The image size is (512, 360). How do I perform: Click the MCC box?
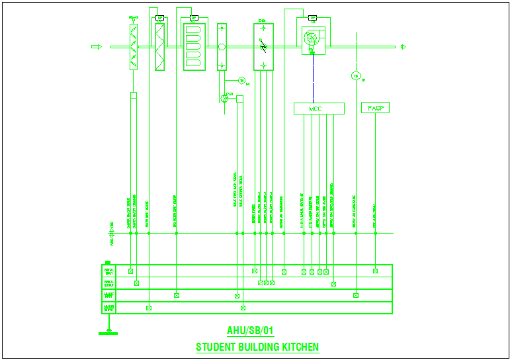pyautogui.click(x=319, y=109)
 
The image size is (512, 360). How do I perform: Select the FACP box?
pyautogui.click(x=375, y=108)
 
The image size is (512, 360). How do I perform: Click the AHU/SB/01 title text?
pyautogui.click(x=250, y=331)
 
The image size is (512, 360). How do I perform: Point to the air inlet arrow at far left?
pyautogui.click(x=95, y=46)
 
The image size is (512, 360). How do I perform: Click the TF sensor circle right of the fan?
pyautogui.click(x=355, y=76)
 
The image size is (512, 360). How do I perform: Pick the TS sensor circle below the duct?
pyautogui.click(x=241, y=80)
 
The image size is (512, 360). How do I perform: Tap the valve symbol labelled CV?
pyautogui.click(x=224, y=98)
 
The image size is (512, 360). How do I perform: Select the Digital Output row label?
pyautogui.click(x=108, y=283)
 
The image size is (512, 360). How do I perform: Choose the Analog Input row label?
pyautogui.click(x=108, y=295)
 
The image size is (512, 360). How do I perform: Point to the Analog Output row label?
pyautogui.click(x=108, y=308)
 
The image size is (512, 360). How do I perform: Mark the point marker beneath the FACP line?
pyautogui.click(x=375, y=271)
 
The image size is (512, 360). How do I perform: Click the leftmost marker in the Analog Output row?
pyautogui.click(x=149, y=308)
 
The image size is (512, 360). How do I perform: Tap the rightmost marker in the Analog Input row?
pyautogui.click(x=356, y=295)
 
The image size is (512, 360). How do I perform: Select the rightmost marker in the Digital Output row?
pyautogui.click(x=333, y=284)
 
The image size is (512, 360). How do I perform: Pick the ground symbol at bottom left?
pyautogui.click(x=108, y=331)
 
